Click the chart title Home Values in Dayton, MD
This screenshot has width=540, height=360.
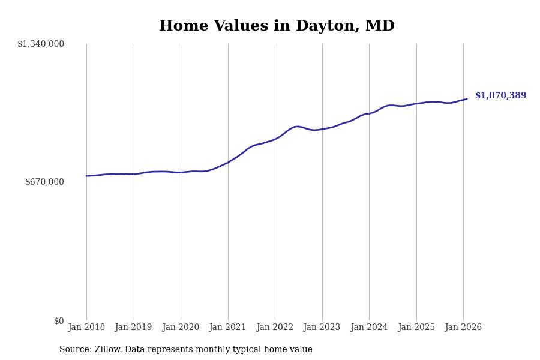click(277, 26)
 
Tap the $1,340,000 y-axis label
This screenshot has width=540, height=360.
click(41, 44)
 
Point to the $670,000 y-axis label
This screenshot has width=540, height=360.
click(44, 182)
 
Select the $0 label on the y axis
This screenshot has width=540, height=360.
click(59, 321)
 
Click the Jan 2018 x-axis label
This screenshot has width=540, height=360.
click(86, 328)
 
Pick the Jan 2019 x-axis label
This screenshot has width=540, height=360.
click(133, 328)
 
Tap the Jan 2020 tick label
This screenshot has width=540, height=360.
click(181, 328)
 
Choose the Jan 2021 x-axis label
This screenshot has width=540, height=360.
click(227, 328)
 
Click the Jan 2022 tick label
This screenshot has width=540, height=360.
click(275, 328)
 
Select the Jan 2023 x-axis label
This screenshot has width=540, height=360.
click(322, 328)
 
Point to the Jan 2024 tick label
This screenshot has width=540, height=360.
click(369, 328)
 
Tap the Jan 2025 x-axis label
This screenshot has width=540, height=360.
click(416, 328)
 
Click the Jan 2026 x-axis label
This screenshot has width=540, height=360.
click(463, 328)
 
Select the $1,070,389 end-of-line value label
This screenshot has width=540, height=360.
click(500, 96)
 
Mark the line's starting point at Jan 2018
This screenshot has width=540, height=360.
click(86, 176)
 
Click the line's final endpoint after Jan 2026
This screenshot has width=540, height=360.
click(467, 99)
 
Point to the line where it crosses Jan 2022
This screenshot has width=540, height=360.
click(275, 139)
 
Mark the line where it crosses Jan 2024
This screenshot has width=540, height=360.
click(369, 113)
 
